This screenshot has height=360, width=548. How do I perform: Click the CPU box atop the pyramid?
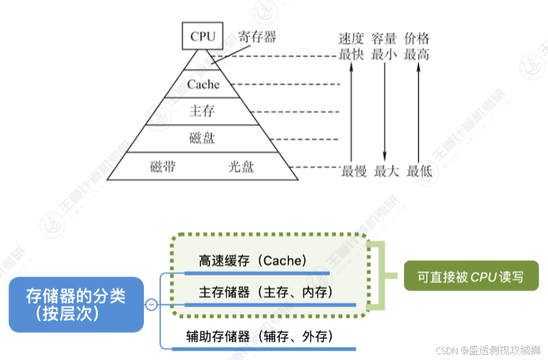pyautogui.click(x=202, y=35)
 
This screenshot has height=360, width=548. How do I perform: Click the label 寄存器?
pyautogui.click(x=257, y=36)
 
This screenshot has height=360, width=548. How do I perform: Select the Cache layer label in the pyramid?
pyautogui.click(x=203, y=84)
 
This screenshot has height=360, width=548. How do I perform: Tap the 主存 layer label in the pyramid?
pyautogui.click(x=202, y=111)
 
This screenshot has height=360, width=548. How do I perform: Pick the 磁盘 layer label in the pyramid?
pyautogui.click(x=202, y=137)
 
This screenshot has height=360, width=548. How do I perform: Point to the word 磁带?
pyautogui.click(x=162, y=166)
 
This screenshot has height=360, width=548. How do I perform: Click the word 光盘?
pyautogui.click(x=241, y=166)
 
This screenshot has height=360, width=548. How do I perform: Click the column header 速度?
pyautogui.click(x=352, y=39)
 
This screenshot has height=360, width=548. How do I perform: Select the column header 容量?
pyautogui.click(x=384, y=39)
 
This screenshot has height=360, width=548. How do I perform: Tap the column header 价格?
pyautogui.click(x=417, y=39)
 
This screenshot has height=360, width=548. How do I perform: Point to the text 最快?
pyautogui.click(x=352, y=54)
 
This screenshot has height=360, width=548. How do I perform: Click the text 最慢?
pyautogui.click(x=353, y=171)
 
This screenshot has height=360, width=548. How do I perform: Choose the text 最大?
pyautogui.click(x=385, y=171)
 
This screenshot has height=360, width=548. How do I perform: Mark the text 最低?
pyautogui.click(x=417, y=171)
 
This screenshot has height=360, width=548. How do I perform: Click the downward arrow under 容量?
pyautogui.click(x=384, y=110)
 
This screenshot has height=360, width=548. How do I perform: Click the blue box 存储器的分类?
pyautogui.click(x=76, y=303)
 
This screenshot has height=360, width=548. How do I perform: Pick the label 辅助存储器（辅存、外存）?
pyautogui.click(x=260, y=337)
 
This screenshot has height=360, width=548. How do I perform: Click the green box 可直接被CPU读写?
pyautogui.click(x=466, y=277)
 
